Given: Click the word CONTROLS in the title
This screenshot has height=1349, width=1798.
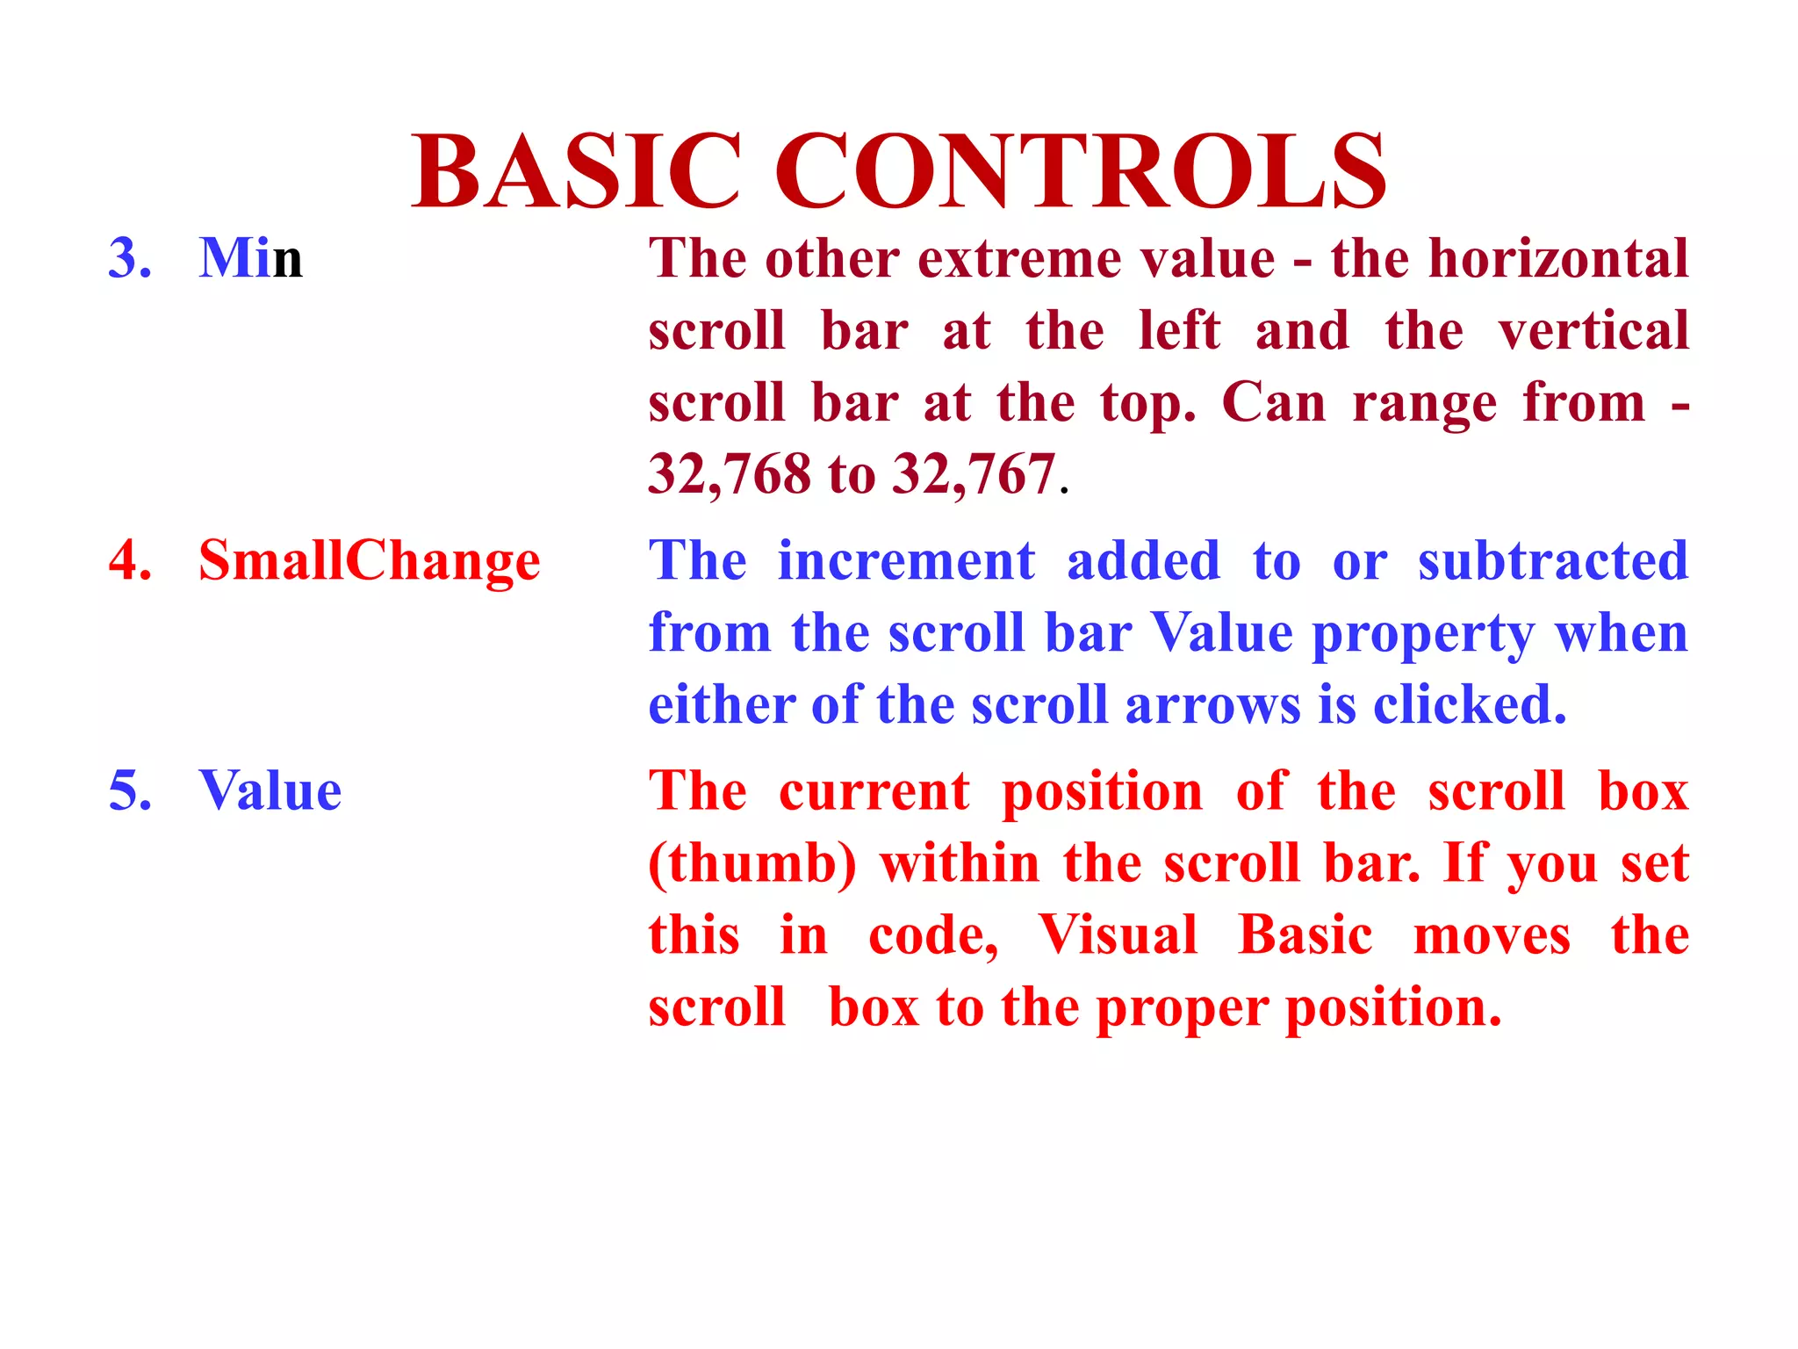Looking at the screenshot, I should pyautogui.click(x=1080, y=171).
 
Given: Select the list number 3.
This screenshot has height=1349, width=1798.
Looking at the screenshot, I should pyautogui.click(x=130, y=258).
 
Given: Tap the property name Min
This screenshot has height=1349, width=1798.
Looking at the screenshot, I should pyautogui.click(x=251, y=258).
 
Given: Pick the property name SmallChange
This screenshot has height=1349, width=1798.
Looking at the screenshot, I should pyautogui.click(x=369, y=562).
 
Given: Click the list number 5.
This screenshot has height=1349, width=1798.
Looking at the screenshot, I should pyautogui.click(x=130, y=790).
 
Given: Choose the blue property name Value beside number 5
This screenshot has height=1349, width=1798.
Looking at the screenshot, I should pyautogui.click(x=270, y=790).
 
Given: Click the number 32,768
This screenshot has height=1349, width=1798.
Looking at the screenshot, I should pyautogui.click(x=730, y=475).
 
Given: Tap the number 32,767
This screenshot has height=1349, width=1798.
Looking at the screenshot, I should pyautogui.click(x=974, y=475).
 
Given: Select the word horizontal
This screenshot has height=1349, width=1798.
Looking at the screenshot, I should pyautogui.click(x=1558, y=258).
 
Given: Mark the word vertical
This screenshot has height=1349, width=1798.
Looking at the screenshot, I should pyautogui.click(x=1593, y=331).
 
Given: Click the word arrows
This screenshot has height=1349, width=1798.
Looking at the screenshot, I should pyautogui.click(x=1212, y=705).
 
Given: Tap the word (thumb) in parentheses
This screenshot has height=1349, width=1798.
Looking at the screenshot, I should pyautogui.click(x=752, y=864).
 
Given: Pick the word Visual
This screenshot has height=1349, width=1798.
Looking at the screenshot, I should pyautogui.click(x=1118, y=934).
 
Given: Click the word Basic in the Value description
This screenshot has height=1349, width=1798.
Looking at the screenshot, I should pyautogui.click(x=1305, y=934).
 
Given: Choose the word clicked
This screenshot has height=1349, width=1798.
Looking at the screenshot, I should pyautogui.click(x=1468, y=705).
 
